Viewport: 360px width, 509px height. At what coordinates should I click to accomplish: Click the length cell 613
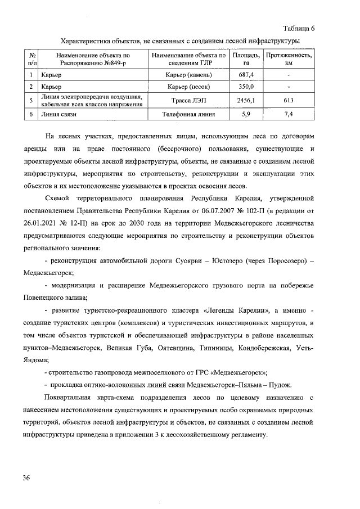[289, 100]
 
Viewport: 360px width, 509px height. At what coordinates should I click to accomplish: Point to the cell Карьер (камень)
[189, 75]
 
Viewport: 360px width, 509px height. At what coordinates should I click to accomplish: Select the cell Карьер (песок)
[189, 87]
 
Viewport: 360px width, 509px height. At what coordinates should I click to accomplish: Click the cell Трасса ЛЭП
[189, 100]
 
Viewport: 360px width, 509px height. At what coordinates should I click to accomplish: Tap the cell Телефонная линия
[189, 114]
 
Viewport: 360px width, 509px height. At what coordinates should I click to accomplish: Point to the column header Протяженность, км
[289, 60]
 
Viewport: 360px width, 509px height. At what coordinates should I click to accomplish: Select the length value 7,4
[289, 114]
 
